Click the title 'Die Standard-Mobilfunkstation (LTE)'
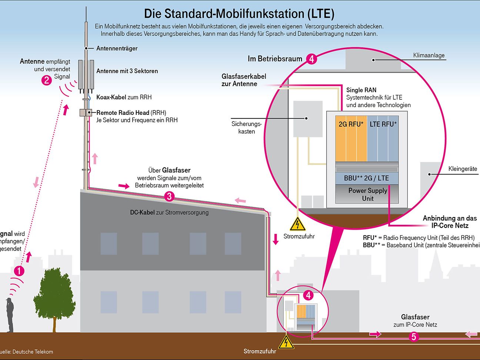tap(239, 14)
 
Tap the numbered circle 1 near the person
tap(19, 271)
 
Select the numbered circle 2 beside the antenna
tap(47, 80)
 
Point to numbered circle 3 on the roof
tap(169, 196)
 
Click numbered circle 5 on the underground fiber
tap(414, 337)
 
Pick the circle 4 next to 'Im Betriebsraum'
tap(311, 59)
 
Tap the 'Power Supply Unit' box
tap(367, 194)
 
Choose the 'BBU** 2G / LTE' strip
tap(367, 178)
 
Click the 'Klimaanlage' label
tap(429, 56)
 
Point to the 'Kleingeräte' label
tap(463, 169)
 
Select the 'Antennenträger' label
tap(117, 49)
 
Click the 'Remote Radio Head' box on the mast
tap(86, 113)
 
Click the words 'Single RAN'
tap(361, 90)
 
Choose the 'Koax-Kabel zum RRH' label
tap(124, 97)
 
